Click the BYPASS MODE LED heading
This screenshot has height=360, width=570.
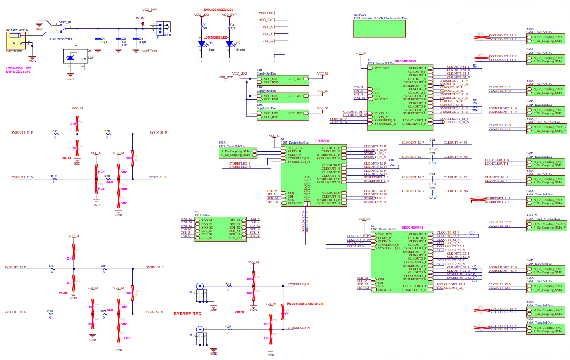219,9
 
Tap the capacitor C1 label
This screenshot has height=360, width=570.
103,39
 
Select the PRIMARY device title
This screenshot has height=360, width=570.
323,141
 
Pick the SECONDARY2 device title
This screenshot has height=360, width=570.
412,228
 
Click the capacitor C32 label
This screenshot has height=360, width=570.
433,139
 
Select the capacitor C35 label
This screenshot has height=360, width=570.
433,189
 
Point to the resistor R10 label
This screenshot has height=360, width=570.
391,160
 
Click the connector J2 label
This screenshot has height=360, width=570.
191,291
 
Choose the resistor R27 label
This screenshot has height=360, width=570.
228,326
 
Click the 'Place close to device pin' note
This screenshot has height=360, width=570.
305,303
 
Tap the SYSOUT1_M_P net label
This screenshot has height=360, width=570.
22,132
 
